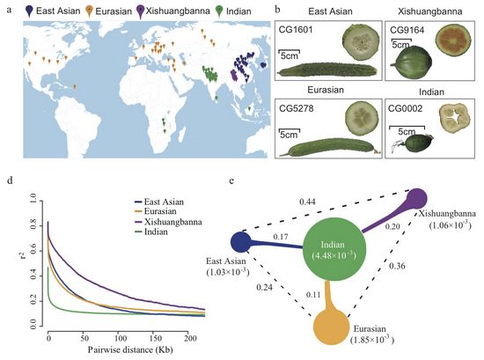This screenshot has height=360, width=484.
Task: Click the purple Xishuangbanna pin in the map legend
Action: pos(141,11)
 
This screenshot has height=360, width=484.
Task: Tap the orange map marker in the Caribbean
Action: pos(75,87)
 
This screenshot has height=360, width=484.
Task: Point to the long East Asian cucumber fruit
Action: pos(327,70)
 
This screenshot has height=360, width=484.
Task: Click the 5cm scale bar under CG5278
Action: pos(290,130)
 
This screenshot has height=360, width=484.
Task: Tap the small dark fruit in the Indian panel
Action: pos(418,143)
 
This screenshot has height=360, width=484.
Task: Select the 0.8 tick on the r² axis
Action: pos(33,224)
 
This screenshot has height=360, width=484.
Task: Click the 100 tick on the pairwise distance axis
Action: pos(120,338)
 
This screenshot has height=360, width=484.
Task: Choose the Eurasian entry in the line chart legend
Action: pos(155,211)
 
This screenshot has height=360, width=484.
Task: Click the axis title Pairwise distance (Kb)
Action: pos(130,349)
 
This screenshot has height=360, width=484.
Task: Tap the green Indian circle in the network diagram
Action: pos(334,249)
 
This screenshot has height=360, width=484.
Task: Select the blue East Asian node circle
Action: pos(241,242)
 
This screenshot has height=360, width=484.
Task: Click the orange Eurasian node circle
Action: pos(331,327)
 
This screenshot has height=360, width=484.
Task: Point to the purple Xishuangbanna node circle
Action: pos(417,199)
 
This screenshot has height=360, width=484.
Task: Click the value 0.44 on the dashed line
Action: pos(307,202)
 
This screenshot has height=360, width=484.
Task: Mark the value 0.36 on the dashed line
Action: pos(397,266)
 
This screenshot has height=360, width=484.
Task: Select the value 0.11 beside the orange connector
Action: pos(313,294)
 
